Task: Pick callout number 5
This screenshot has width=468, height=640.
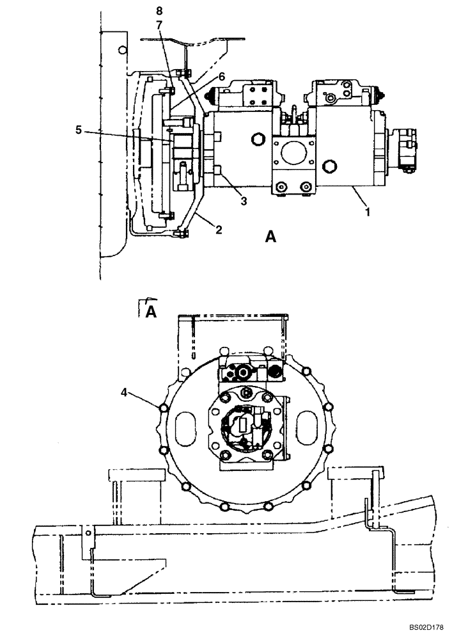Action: tap(79, 129)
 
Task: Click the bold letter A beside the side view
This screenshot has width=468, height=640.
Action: tap(270, 238)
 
